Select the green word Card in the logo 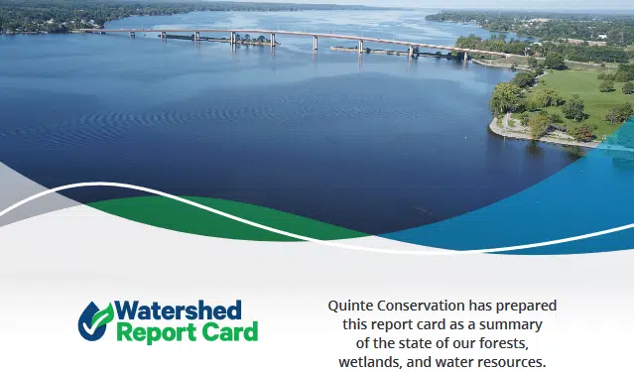(x=225, y=332)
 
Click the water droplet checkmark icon (x=95, y=320)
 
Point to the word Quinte (x=351, y=305)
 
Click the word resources (x=512, y=362)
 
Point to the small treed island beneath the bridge (x=253, y=41)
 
